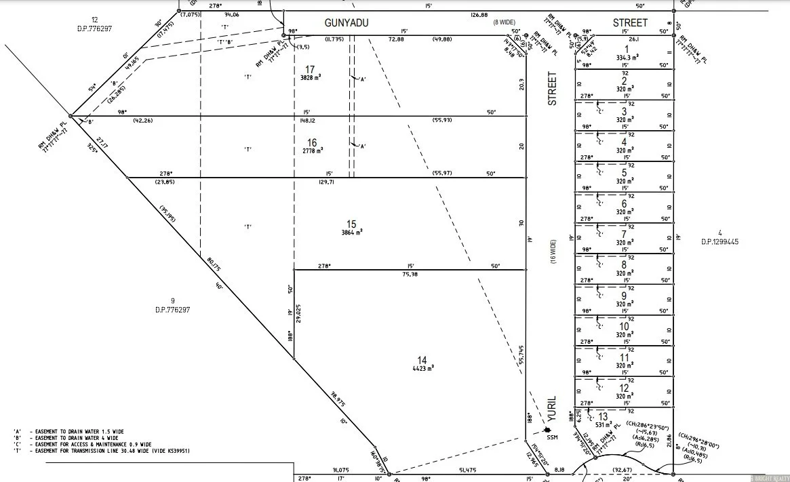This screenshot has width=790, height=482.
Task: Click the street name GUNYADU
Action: (347, 23)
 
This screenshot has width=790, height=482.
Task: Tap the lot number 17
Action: (310, 69)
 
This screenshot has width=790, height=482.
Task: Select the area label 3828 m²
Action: (310, 77)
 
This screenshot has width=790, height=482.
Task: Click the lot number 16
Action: (312, 142)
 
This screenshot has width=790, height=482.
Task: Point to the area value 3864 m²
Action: (351, 232)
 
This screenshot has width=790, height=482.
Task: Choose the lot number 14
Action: (422, 360)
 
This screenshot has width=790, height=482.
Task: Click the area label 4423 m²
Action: (422, 369)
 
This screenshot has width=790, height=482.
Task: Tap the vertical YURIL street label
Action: (551, 409)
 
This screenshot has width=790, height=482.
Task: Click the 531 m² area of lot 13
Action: (602, 425)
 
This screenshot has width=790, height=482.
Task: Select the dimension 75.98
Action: (410, 275)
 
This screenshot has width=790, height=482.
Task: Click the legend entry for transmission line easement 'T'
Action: (102, 451)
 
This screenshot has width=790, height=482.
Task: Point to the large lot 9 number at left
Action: (173, 300)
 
